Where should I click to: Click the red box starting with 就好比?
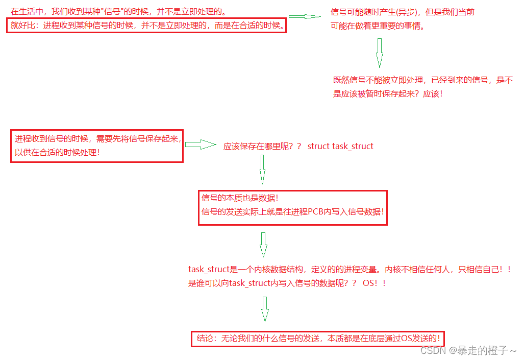pyautogui.click(x=146, y=26)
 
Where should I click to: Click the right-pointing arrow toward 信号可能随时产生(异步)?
pyautogui.click(x=305, y=17)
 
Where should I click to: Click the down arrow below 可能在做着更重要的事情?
pyautogui.click(x=379, y=53)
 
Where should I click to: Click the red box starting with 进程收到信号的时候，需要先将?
pyautogui.click(x=97, y=146)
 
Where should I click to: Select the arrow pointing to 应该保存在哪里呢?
pyautogui.click(x=200, y=145)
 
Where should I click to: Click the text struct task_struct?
pyautogui.click(x=340, y=147)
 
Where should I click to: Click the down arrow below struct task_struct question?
pyautogui.click(x=262, y=169)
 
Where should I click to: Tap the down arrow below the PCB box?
pyautogui.click(x=263, y=245)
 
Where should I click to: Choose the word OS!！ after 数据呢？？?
pyautogui.click(x=374, y=283)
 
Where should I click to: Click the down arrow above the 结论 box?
pyautogui.click(x=264, y=308)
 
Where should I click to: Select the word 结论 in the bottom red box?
pyautogui.click(x=205, y=339)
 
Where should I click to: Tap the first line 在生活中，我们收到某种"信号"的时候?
pyautogui.click(x=118, y=11)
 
